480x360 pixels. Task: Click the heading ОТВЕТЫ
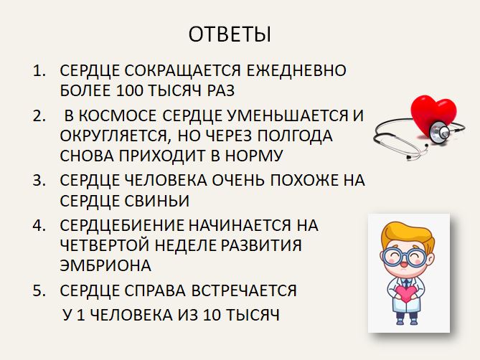pos(230,34)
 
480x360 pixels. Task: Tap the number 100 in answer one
pos(129,90)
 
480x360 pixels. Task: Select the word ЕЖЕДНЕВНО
pos(296,70)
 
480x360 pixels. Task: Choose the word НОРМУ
pos(254,156)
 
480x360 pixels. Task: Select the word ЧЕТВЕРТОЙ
pos(105,245)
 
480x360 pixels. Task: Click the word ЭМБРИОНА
pos(105,265)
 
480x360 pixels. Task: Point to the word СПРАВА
pos(155,290)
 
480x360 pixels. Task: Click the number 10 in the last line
pos(212,315)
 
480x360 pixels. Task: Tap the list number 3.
pos(39,180)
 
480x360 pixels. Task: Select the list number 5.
pos(39,290)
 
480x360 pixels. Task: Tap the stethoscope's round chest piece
pos(441,132)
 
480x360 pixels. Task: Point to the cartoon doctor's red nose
pos(404,262)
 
